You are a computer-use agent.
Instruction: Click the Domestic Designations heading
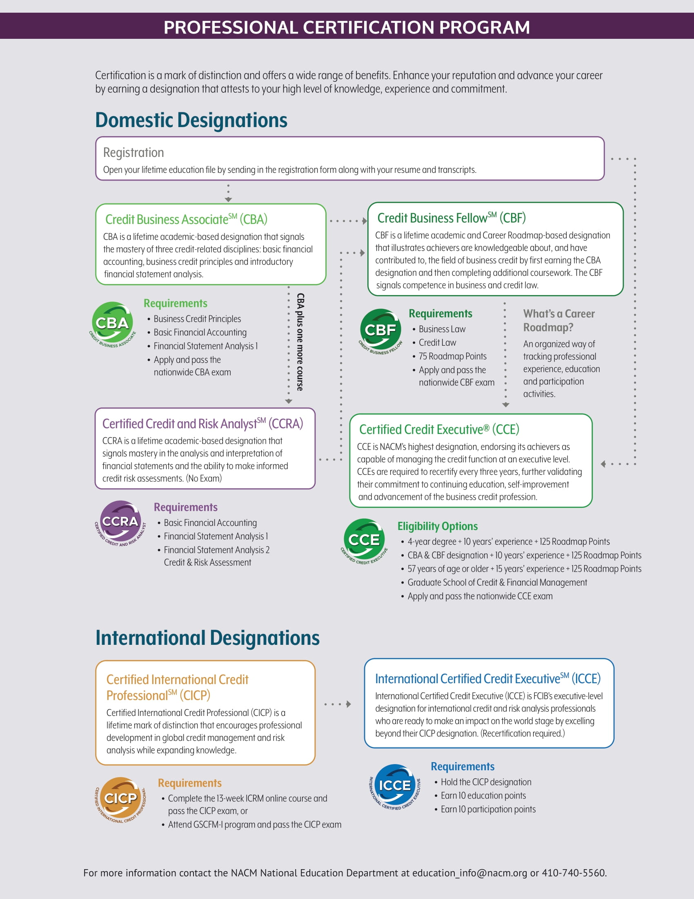[x=191, y=120]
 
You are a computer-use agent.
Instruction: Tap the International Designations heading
[x=207, y=638]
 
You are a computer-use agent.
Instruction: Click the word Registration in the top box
[x=133, y=153]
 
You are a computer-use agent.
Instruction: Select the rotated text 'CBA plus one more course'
[x=300, y=342]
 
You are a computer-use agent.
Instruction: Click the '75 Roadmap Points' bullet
[x=452, y=356]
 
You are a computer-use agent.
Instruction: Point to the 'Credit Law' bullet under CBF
[x=437, y=343]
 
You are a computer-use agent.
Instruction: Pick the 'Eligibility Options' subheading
[x=437, y=526]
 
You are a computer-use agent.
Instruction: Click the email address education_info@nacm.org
[x=469, y=873]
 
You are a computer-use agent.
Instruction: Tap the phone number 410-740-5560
[x=573, y=873]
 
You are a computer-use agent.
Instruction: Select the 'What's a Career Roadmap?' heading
[x=559, y=320]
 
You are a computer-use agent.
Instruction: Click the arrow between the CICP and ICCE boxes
[x=338, y=704]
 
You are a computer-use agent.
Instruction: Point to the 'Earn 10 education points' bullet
[x=483, y=796]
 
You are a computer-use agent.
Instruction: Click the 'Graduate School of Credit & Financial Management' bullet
[x=497, y=582]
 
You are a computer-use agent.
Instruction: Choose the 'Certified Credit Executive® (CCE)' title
[x=439, y=429]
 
